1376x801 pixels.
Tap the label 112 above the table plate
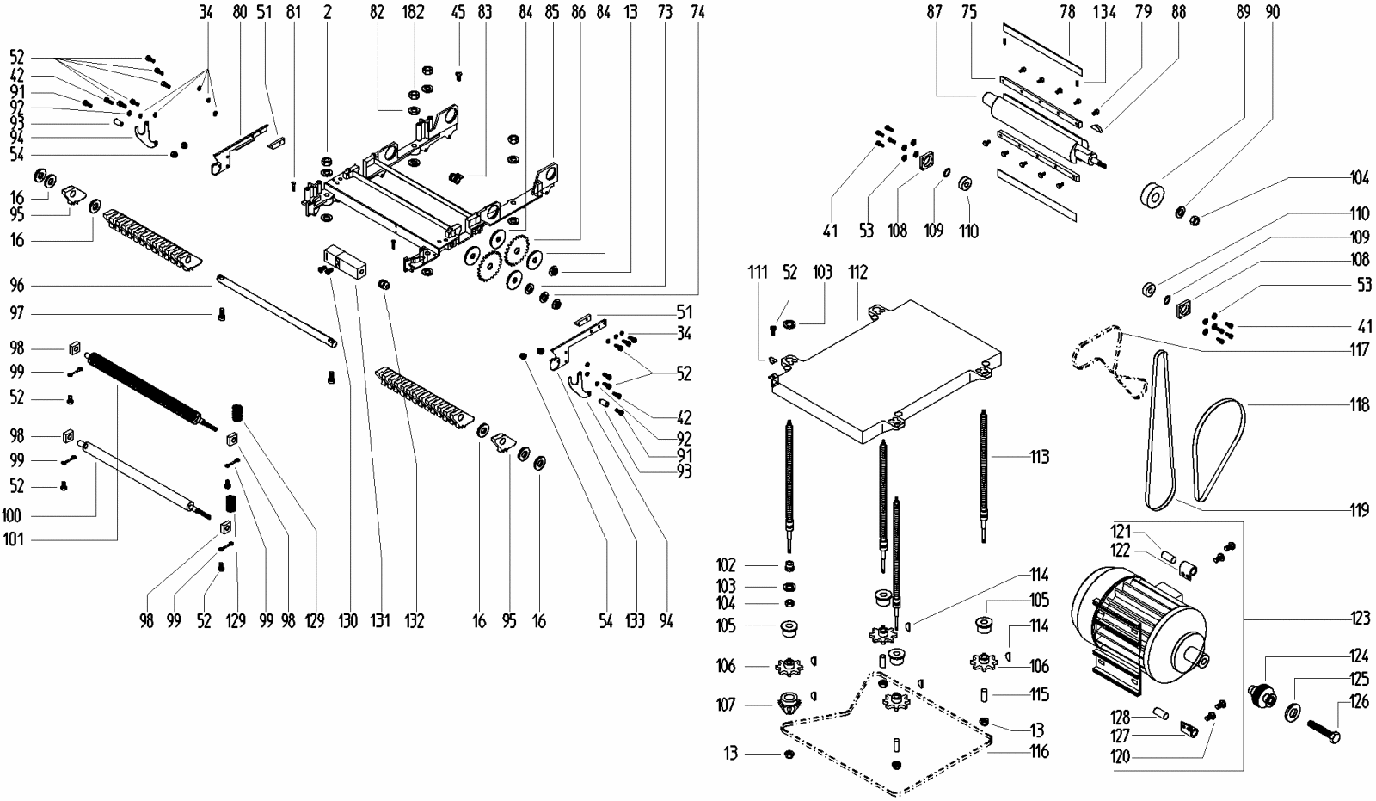pyautogui.click(x=857, y=273)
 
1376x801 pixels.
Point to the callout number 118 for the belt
pyautogui.click(x=1358, y=404)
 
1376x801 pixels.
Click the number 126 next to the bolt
pyautogui.click(x=1358, y=702)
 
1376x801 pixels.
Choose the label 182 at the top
pyautogui.click(x=414, y=13)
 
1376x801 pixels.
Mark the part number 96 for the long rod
pyautogui.click(x=17, y=286)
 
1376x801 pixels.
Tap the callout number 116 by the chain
pyautogui.click(x=1039, y=752)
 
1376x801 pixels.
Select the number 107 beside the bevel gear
pyautogui.click(x=726, y=705)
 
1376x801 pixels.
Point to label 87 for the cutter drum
pyautogui.click(x=936, y=13)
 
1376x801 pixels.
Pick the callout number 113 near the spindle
pyautogui.click(x=1039, y=457)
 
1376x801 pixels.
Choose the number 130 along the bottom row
pyautogui.click(x=348, y=620)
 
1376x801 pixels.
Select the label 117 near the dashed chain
pyautogui.click(x=1358, y=349)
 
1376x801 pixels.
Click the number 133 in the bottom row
pyautogui.click(x=635, y=620)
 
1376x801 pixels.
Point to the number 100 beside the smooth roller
pyautogui.click(x=13, y=516)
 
